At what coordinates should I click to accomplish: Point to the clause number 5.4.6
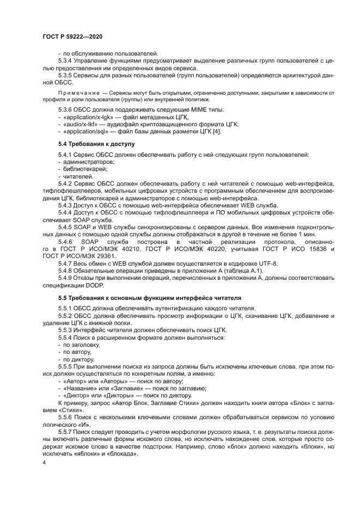(66, 241)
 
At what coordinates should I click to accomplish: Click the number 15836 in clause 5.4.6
(322, 248)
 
